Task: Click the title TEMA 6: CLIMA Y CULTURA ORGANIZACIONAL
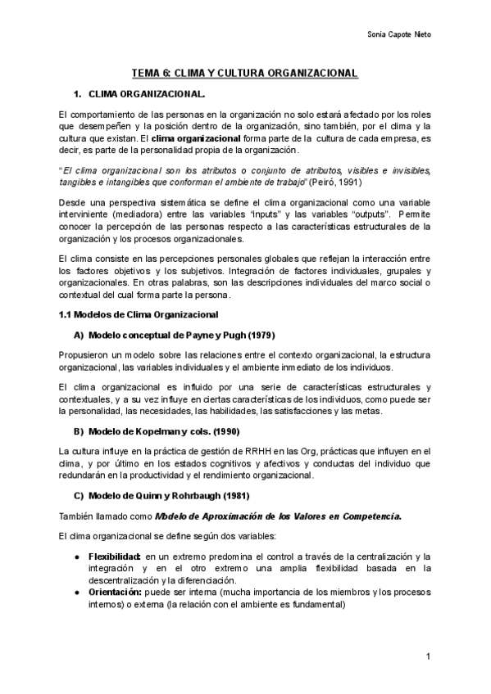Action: pos(244,74)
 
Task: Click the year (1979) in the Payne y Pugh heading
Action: pos(257,335)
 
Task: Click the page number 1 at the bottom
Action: pos(429,656)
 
